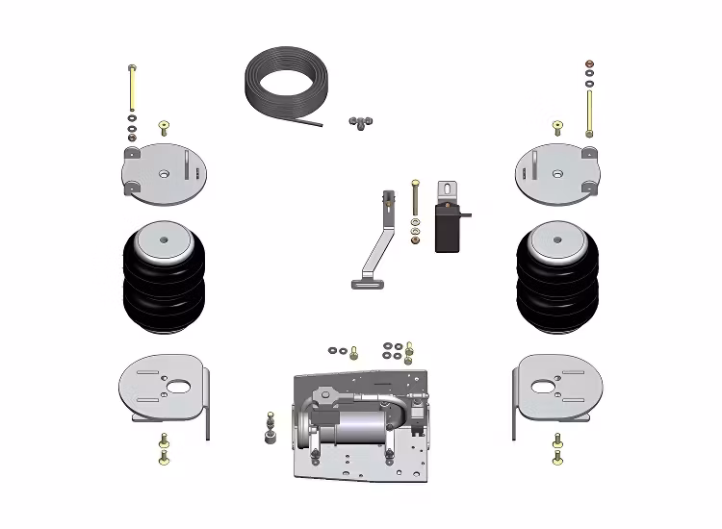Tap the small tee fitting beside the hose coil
click(361, 121)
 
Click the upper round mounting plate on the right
click(558, 178)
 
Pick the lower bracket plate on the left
click(164, 390)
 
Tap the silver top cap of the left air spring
click(163, 239)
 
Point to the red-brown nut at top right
click(589, 64)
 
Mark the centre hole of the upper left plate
click(163, 174)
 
